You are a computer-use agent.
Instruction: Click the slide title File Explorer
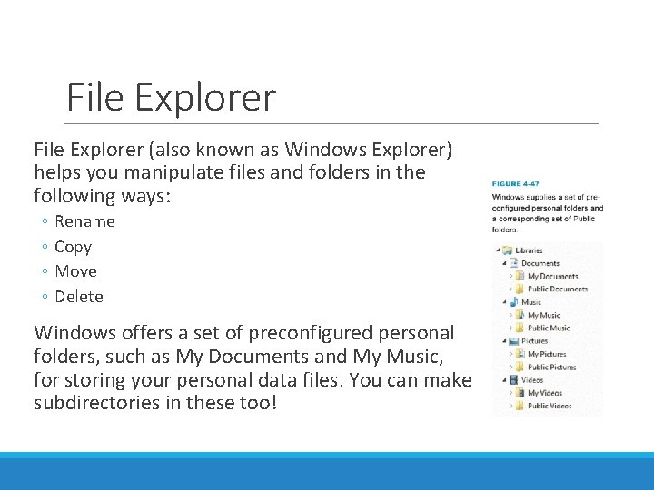pos(171,98)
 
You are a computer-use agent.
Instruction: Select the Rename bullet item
pos(84,221)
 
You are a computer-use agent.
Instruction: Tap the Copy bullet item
pos(73,246)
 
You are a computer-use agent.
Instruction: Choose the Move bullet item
pos(75,270)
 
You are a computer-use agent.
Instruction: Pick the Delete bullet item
pos(79,296)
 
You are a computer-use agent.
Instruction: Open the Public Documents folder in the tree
pos(558,289)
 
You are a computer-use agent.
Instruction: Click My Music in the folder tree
pos(544,315)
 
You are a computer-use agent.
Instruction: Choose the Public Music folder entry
pos(549,328)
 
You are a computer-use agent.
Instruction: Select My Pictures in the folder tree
pos(547,354)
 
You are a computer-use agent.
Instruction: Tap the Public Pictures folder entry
pos(551,367)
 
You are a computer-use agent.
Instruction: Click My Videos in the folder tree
pos(545,393)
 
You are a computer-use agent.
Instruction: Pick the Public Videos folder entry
pos(550,406)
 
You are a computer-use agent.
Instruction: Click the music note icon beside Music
pos(513,301)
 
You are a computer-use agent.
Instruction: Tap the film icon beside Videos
pos(513,380)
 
